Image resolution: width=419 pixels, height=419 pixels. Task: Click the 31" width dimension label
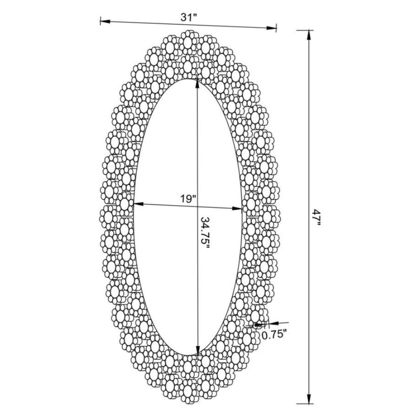(189, 17)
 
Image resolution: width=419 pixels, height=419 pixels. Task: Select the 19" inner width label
(188, 199)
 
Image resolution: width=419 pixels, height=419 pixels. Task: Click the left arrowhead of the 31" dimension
(105, 21)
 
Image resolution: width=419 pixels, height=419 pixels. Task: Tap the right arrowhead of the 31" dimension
(271, 28)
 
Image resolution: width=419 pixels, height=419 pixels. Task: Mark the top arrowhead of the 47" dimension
(309, 35)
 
